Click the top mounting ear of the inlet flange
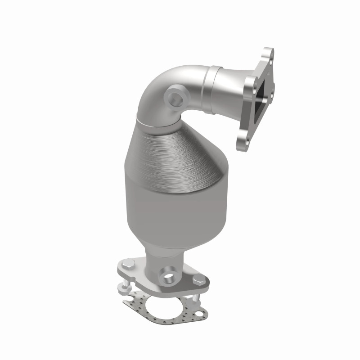click(x=269, y=54)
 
